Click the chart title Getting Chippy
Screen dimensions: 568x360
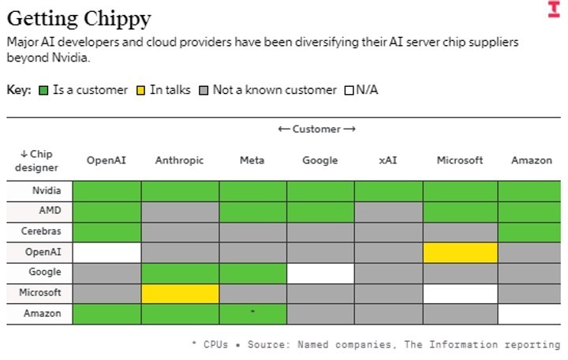[79, 19]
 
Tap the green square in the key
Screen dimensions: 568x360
[43, 90]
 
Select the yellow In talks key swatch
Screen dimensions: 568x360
[140, 90]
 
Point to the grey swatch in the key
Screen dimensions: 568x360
[204, 90]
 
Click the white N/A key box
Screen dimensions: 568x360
[349, 90]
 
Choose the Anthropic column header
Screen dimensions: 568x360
[179, 160]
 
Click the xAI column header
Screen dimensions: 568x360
[388, 160]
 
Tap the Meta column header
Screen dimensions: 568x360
[252, 160]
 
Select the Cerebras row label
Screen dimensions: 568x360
[41, 231]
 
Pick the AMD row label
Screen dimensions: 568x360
[50, 210]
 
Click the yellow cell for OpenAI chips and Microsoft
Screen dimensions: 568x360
[460, 253]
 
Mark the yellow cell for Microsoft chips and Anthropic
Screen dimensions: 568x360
[180, 294]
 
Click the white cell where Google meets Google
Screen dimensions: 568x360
[320, 273]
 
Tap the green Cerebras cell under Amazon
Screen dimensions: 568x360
[529, 232]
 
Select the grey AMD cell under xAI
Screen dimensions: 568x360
[388, 212]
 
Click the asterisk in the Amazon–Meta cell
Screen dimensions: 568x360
[252, 311]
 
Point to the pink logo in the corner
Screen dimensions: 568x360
[554, 9]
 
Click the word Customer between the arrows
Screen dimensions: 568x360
[316, 129]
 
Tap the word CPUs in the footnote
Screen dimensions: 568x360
[215, 344]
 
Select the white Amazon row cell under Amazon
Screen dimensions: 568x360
[529, 314]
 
